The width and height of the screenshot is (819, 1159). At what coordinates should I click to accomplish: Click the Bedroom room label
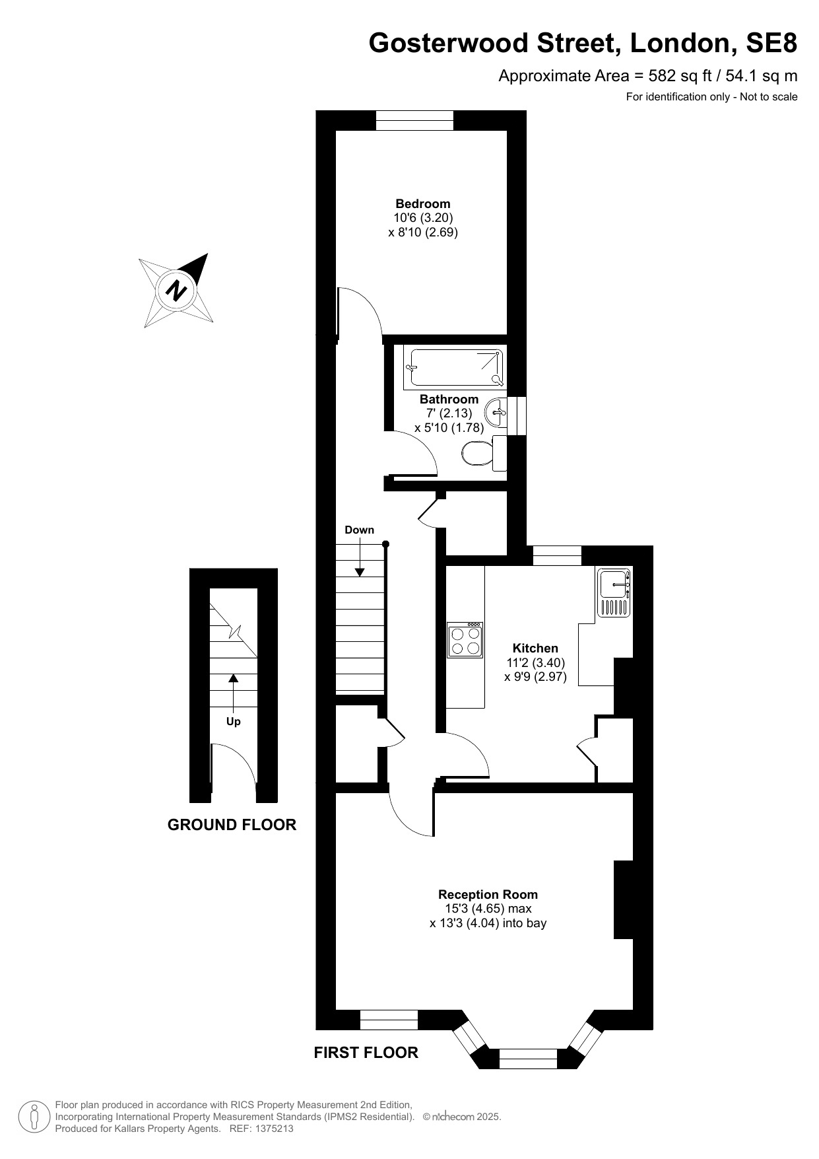[x=423, y=203]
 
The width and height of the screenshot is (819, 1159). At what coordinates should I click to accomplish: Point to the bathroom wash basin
[x=496, y=413]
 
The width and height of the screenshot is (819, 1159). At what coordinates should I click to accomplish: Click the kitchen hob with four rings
[x=465, y=640]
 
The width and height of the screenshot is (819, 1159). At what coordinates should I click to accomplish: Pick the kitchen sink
[x=614, y=592]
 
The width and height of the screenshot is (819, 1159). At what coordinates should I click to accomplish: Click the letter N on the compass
[x=176, y=290]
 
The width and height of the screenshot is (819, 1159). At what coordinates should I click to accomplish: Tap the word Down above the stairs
[x=360, y=530]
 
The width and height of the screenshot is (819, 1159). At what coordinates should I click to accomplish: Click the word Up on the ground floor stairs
[x=234, y=722]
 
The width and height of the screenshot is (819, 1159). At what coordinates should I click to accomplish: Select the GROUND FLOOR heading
[x=232, y=824]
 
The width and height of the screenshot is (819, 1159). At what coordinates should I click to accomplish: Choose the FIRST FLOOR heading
[x=366, y=1053]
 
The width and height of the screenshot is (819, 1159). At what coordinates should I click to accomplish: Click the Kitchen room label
[x=536, y=649]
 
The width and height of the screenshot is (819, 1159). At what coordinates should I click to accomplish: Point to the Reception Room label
[x=488, y=895]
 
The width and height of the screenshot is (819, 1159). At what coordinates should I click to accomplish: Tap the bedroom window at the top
[x=415, y=120]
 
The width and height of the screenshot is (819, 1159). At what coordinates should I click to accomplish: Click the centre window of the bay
[x=529, y=1059]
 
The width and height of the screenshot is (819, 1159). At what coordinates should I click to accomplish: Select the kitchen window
[x=557, y=556]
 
